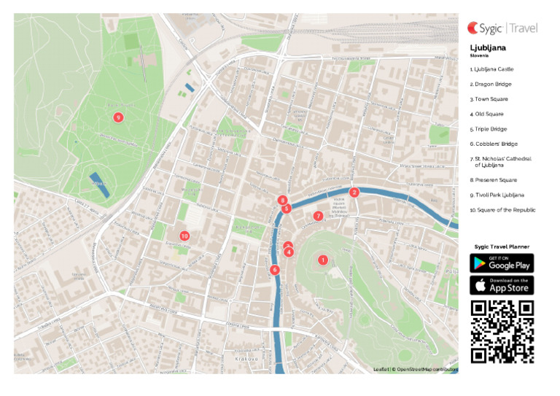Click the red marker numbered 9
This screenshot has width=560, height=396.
117,117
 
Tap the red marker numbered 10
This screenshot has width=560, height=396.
184,236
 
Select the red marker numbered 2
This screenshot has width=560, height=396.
354,193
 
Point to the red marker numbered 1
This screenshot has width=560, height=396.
322,260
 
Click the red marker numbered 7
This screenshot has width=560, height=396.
318,216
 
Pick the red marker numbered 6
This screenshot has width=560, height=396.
274,270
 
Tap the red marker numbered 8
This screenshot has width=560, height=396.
282,200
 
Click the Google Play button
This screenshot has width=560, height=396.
502,263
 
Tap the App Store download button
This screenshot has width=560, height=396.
502,285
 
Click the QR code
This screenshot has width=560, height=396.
502,332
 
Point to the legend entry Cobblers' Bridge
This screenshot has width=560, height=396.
494,144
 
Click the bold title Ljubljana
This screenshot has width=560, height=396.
488,48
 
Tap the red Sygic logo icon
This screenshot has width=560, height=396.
473,28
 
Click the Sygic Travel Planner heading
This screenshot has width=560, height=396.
502,246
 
